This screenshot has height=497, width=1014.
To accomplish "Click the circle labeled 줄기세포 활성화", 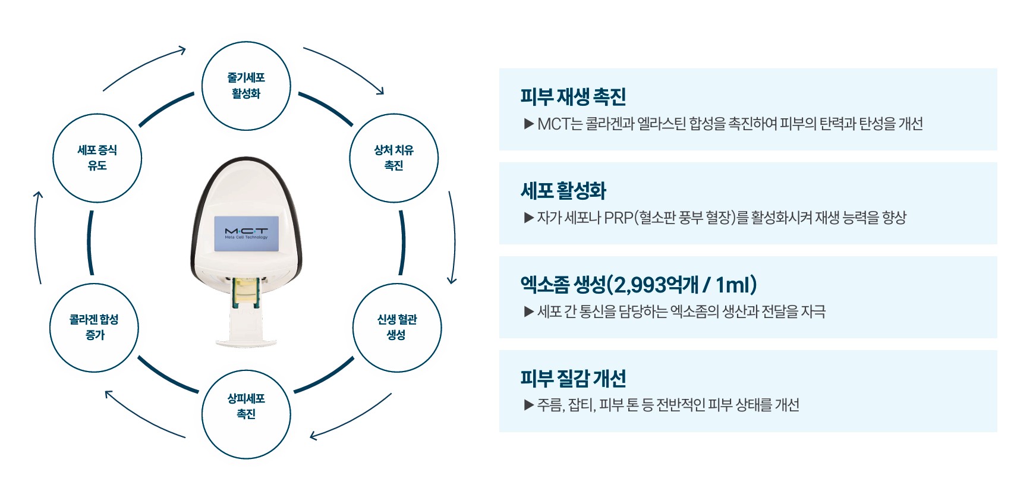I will pyautogui.click(x=246, y=86).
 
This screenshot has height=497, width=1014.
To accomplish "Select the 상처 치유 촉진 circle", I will pyautogui.click(x=393, y=158).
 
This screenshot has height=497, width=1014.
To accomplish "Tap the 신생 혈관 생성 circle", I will pyautogui.click(x=397, y=328).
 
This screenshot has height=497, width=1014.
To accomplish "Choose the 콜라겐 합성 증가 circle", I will pyautogui.click(x=94, y=328).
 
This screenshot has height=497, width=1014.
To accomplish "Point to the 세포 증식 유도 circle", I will pyautogui.click(x=97, y=158).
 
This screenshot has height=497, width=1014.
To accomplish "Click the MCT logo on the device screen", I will pyautogui.click(x=246, y=231).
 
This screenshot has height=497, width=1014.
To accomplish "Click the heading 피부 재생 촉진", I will pyautogui.click(x=573, y=96).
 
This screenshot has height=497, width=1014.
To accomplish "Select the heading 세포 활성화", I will pyautogui.click(x=563, y=191).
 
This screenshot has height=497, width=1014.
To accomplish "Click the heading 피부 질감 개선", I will pyautogui.click(x=573, y=378).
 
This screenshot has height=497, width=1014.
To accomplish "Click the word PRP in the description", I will pyautogui.click(x=618, y=218).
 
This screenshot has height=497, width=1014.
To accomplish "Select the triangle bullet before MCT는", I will pyautogui.click(x=528, y=124).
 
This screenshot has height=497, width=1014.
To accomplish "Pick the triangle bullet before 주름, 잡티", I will pyautogui.click(x=528, y=405).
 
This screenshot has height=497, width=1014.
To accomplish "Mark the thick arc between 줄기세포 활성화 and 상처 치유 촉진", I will pyautogui.click(x=326, y=108).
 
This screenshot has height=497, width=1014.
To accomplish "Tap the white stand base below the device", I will pyautogui.click(x=246, y=341).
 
